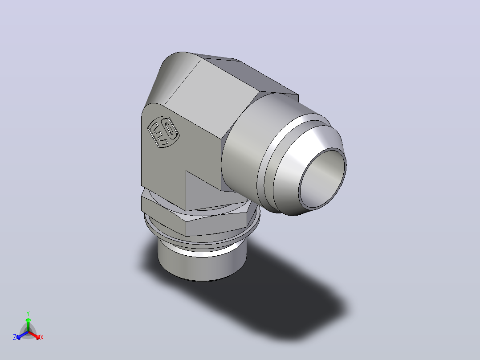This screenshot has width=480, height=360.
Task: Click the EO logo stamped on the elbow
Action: pos(163,131)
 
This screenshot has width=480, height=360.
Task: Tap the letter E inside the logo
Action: pos(158,134)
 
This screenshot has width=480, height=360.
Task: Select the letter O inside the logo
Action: pos(171,129)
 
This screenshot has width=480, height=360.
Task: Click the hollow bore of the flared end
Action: pos(322,178)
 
